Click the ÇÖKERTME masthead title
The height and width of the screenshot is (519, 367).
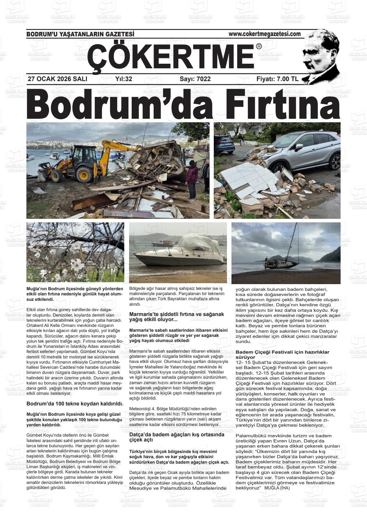coord(171,56)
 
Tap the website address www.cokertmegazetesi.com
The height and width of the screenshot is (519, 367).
coord(265,34)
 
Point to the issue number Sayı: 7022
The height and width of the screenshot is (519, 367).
coord(195,79)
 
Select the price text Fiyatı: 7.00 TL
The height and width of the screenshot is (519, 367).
coord(277,79)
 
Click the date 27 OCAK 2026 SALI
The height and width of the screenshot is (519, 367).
coord(58,79)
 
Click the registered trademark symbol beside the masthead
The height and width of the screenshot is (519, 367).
coord(259,46)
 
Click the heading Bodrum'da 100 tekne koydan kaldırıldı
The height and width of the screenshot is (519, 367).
coord(75,403)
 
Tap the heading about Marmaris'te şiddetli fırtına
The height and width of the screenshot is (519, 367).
coord(176,317)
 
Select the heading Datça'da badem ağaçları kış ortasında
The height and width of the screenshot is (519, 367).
coord(176,437)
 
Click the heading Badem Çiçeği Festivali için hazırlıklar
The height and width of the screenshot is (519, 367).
coord(282,355)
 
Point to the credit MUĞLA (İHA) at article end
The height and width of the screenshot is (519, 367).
coord(277,488)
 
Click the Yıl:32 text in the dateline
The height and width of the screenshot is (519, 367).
coord(124,79)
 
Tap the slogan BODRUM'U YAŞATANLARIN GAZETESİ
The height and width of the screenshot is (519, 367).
coord(80,34)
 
